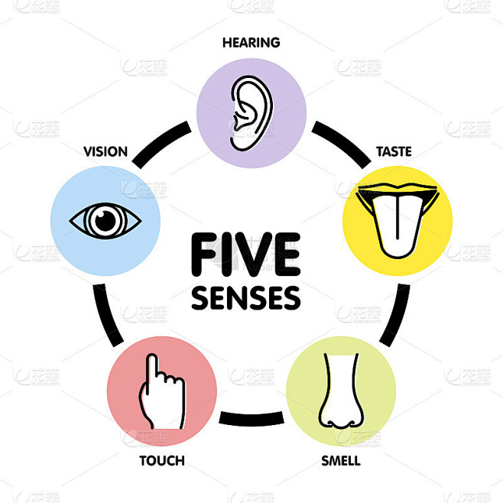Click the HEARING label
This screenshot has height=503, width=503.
tap(251, 43)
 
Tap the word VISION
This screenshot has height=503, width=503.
tap(105, 151)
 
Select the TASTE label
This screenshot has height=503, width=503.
tap(394, 151)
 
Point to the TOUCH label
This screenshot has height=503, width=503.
tap(162, 461)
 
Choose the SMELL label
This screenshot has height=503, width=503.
tap(341, 461)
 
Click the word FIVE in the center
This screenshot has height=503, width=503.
tap(245, 255)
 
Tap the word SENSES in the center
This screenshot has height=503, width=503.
tap(245, 298)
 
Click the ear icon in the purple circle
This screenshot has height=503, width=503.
tap(251, 113)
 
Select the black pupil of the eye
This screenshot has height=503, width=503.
tap(105, 221)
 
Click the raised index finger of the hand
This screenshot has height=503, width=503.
tap(151, 372)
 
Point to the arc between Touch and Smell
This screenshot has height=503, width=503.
tap(251, 419)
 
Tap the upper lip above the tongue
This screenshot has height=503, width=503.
tap(398, 188)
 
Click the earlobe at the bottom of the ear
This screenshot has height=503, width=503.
tap(239, 144)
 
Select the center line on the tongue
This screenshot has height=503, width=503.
tap(398, 218)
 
